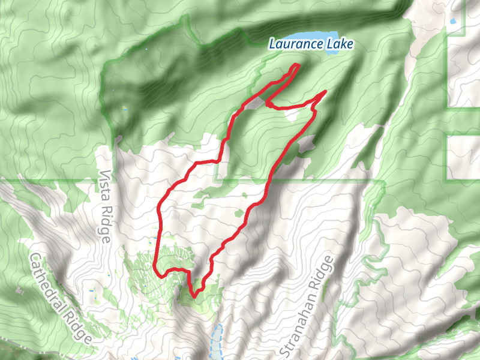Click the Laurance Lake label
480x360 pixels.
(x=311, y=43)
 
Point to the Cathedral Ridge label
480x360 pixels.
(x=61, y=298)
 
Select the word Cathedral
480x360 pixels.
(x=50, y=282)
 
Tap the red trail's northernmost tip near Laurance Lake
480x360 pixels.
(x=296, y=64)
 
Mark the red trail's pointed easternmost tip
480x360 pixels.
(x=325, y=91)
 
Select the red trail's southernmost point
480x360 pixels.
(x=193, y=296)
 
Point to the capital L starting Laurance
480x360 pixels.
(x=272, y=43)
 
